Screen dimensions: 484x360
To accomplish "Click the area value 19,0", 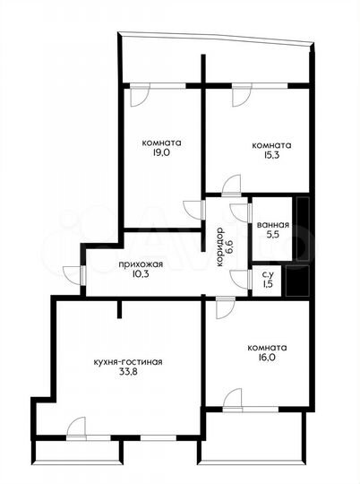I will (x=162, y=153).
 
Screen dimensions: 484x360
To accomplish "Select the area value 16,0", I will (x=269, y=359).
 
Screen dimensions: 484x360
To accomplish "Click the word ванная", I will (x=272, y=225).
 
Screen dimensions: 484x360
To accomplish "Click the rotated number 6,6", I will (x=229, y=243).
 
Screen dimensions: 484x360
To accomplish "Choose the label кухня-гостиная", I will (x=127, y=362).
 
